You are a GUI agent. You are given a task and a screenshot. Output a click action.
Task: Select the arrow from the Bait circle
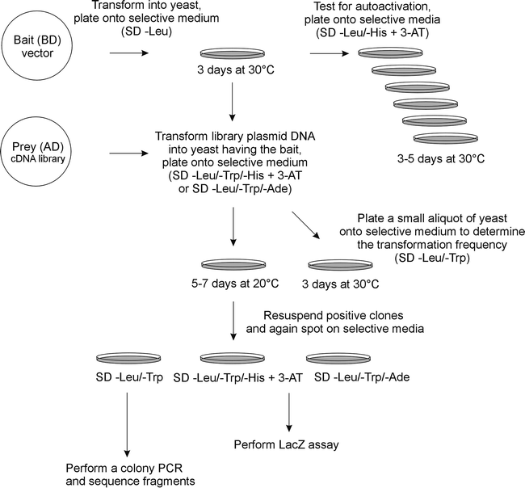tap(128, 54)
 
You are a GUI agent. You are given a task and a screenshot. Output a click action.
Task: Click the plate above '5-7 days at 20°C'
tap(232, 266)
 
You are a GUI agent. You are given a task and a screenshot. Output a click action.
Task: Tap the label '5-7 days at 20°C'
tap(233, 284)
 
